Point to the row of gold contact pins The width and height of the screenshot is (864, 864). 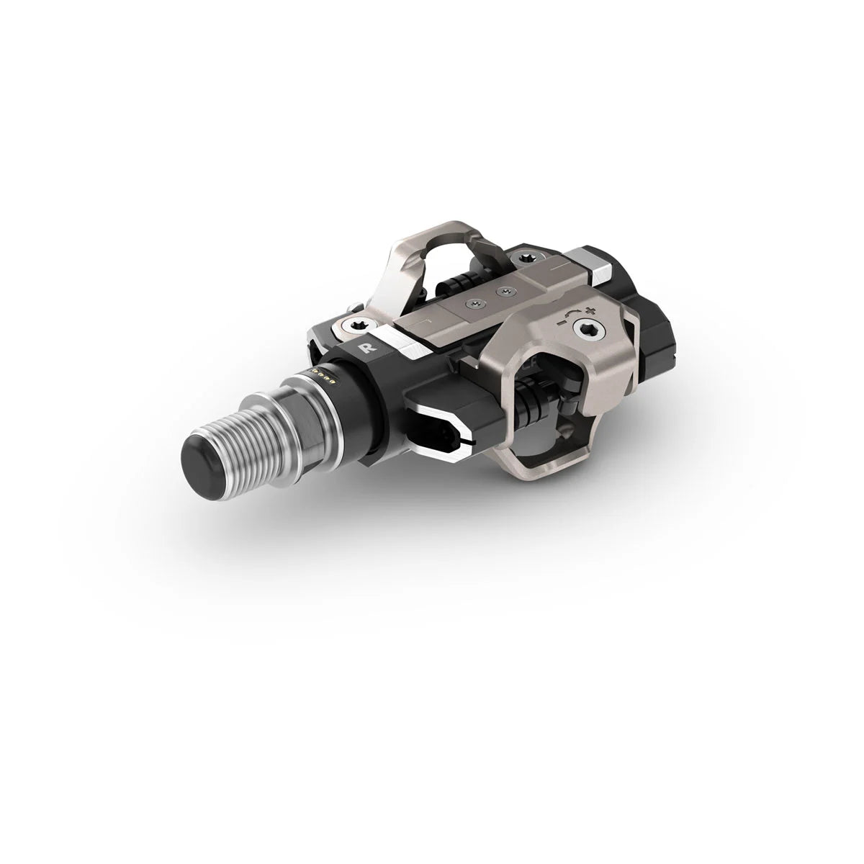pos(322,377)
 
